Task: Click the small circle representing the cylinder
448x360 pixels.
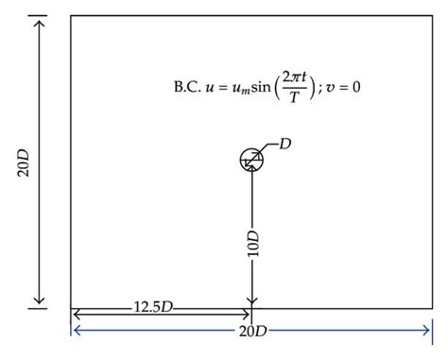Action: tap(251, 160)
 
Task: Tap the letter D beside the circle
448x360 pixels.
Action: tap(285, 143)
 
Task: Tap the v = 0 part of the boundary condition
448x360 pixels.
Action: tap(343, 88)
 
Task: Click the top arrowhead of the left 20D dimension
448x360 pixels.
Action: tap(39, 21)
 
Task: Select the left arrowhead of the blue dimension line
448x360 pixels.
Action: tap(76, 329)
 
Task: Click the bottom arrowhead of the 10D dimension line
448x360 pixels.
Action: tap(252, 301)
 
